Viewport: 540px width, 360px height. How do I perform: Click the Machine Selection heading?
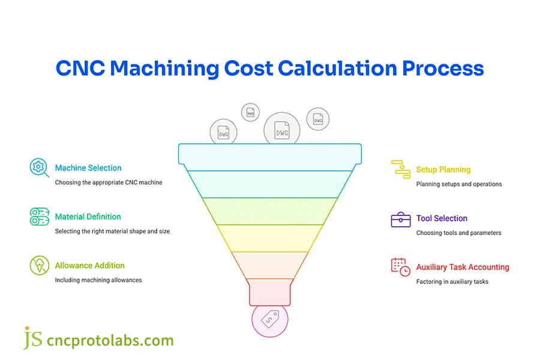(x=88, y=168)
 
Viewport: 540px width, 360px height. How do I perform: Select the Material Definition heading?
(x=88, y=217)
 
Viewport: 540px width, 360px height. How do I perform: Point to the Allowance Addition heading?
(x=90, y=265)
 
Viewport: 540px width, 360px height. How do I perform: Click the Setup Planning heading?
(x=443, y=170)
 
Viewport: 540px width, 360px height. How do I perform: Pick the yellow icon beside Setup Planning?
(x=400, y=170)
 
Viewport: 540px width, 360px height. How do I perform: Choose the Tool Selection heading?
(x=442, y=218)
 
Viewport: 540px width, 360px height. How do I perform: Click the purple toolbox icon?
(x=400, y=220)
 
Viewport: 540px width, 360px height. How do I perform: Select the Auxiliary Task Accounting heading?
(x=463, y=267)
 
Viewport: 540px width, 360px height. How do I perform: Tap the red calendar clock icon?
(x=400, y=267)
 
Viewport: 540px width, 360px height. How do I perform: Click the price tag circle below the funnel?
(x=269, y=319)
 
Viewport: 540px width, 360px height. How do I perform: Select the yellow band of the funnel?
(x=270, y=238)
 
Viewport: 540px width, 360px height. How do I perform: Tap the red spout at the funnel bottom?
(x=270, y=292)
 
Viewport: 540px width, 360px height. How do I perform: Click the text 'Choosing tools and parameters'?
(x=458, y=233)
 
